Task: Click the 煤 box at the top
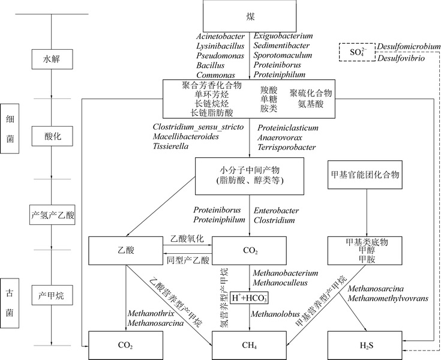(x=250, y=14)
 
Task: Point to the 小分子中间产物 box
(x=250, y=175)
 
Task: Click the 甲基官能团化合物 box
(x=365, y=175)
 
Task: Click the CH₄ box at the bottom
(x=250, y=345)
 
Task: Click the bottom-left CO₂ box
(x=126, y=345)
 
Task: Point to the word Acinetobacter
(x=221, y=35)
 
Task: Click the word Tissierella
(x=171, y=146)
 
